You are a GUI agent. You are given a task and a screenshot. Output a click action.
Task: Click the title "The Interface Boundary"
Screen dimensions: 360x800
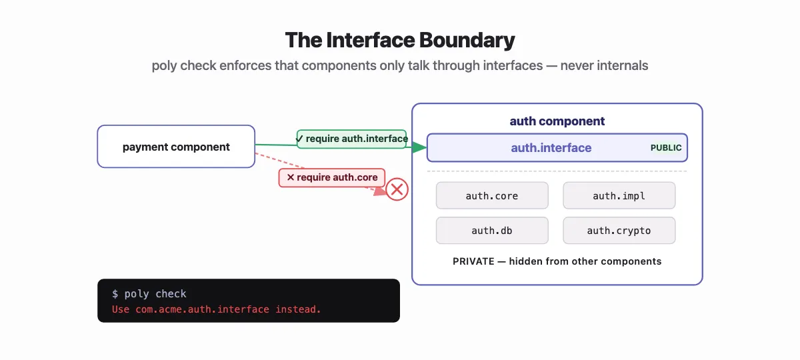coord(400,40)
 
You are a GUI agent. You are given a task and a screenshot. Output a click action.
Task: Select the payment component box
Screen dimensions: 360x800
coord(176,147)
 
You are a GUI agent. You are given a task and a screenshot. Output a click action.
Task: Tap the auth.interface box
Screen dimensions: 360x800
coord(551,148)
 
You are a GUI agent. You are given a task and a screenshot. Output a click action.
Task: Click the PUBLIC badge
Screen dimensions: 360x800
coord(666,148)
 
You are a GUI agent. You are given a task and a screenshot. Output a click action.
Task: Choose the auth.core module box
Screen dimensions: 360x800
coord(492,196)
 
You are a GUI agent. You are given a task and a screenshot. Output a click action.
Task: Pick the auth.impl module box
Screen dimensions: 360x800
coord(619,196)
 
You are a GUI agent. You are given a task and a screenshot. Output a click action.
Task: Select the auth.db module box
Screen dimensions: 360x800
coord(492,231)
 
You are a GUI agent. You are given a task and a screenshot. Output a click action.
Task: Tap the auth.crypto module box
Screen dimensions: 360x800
coord(619,231)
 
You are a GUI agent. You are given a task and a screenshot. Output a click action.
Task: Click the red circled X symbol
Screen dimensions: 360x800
coord(397,190)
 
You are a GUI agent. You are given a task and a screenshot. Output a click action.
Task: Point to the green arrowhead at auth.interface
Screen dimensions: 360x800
coord(419,147)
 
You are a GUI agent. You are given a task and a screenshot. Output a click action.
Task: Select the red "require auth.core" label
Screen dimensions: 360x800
coord(332,177)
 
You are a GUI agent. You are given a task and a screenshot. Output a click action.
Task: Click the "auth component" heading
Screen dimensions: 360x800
coord(557,121)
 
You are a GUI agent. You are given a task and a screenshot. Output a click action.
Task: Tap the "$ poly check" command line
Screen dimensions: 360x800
coord(149,294)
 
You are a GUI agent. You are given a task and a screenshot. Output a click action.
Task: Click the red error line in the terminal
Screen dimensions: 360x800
coord(217,309)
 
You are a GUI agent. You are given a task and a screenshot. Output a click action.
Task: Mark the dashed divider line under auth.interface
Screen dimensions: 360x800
coord(557,171)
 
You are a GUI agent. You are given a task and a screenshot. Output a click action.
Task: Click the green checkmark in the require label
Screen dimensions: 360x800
coord(300,139)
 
